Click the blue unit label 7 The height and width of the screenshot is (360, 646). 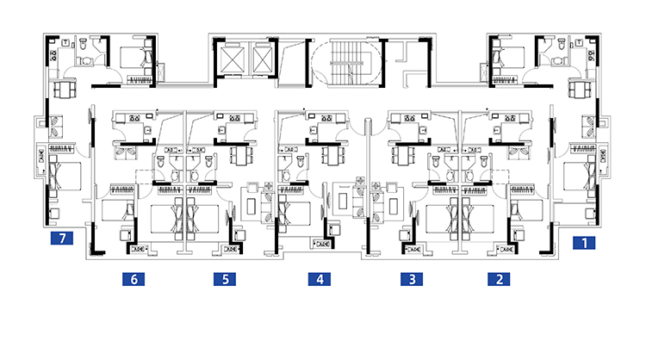click(x=62, y=238)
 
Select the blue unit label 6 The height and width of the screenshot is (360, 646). click(x=134, y=279)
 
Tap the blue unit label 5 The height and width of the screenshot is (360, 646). click(x=225, y=279)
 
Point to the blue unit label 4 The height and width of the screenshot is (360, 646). click(x=320, y=279)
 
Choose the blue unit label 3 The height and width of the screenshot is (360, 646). click(x=412, y=279)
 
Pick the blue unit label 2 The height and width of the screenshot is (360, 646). click(x=499, y=279)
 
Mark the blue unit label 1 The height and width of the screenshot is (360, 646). click(x=584, y=243)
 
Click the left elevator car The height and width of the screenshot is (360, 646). click(x=233, y=60)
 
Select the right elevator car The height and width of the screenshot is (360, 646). click(x=263, y=60)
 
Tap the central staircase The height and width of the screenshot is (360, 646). click(x=348, y=63)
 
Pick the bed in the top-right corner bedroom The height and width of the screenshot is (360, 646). click(x=510, y=57)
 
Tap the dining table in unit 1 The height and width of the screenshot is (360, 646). click(x=580, y=90)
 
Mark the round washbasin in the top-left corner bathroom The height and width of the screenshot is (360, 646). click(x=87, y=61)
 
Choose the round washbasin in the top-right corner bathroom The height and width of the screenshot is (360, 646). click(x=557, y=61)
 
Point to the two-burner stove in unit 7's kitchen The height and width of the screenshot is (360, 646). click(x=53, y=56)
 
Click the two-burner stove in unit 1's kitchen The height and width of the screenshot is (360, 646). click(x=592, y=56)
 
